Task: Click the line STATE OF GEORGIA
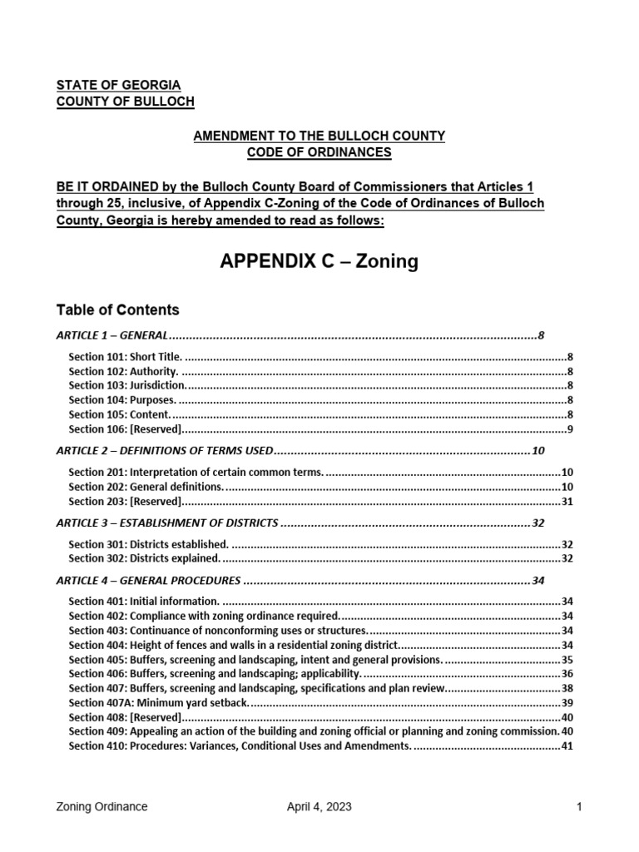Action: tap(117, 85)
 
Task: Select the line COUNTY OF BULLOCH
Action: tap(125, 101)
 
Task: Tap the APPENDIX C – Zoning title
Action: tap(319, 262)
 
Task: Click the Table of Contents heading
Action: tap(117, 310)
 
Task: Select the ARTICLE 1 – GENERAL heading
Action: tap(112, 336)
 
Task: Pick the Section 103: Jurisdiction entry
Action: tap(127, 385)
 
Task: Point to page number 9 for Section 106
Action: tap(569, 429)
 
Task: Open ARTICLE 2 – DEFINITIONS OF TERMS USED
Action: tap(164, 451)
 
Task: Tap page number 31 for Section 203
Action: tap(567, 501)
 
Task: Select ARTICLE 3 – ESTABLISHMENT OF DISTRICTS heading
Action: tap(166, 523)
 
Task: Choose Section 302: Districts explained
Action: tap(144, 558)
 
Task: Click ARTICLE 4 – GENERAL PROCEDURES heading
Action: tap(148, 581)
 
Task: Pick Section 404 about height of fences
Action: tap(234, 646)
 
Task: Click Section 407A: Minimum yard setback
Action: tap(158, 703)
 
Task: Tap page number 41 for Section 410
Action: tap(567, 746)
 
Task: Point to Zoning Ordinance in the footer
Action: tap(102, 807)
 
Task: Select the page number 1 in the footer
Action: tap(578, 807)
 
